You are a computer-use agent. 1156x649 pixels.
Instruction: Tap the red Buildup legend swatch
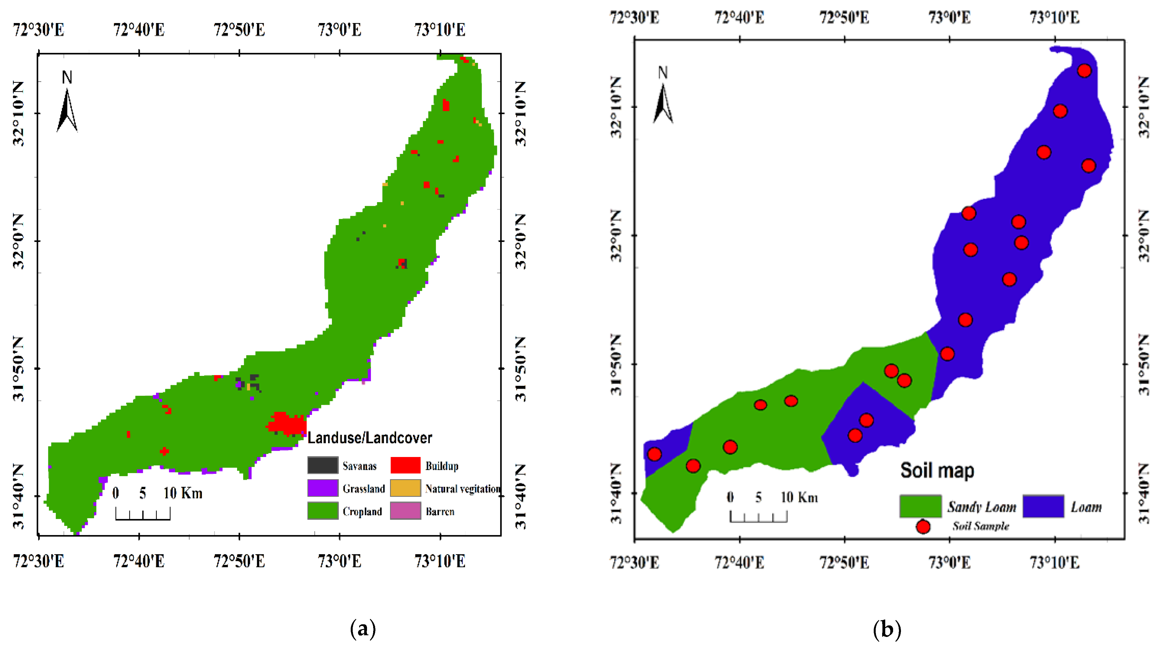[405, 465]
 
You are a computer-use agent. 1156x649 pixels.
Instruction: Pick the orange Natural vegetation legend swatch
[405, 488]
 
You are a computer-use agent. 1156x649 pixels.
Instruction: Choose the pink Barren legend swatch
[405, 511]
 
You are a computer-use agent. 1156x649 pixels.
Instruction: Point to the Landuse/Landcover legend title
[369, 438]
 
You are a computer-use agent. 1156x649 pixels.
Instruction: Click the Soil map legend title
[937, 470]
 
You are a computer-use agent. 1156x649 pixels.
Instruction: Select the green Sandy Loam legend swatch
[920, 506]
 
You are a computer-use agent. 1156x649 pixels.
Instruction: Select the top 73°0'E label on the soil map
[949, 18]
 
